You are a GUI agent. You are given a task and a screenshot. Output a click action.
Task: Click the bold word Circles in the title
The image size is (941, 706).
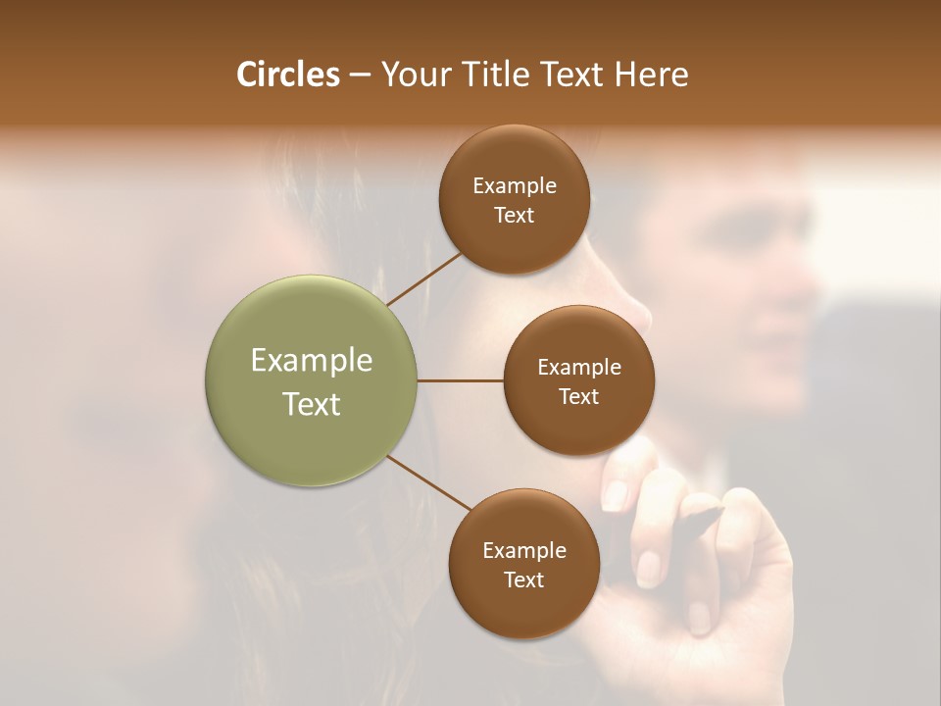point(287,75)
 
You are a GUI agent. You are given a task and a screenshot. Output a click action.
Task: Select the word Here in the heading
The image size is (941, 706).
point(652,75)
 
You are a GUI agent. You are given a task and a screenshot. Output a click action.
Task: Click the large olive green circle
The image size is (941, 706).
point(312,380)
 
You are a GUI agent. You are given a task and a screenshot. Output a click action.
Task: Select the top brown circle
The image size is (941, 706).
point(514,200)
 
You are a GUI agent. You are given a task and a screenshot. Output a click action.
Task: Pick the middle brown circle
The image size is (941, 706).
point(578,380)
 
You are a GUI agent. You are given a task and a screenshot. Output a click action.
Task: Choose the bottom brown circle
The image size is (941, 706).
point(523,564)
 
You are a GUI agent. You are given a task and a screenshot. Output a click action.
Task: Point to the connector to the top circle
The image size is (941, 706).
point(423,278)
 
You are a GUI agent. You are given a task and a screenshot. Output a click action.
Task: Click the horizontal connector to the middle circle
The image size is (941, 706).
point(461,380)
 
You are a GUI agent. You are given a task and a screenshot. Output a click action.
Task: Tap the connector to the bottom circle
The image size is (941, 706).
point(429,482)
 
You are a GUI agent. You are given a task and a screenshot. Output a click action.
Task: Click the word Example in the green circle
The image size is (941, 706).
point(312,361)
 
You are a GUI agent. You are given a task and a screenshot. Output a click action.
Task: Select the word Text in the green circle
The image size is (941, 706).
point(312,404)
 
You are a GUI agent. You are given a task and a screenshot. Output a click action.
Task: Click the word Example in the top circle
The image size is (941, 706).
point(514,186)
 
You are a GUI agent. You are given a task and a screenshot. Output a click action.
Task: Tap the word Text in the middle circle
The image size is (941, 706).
point(578,396)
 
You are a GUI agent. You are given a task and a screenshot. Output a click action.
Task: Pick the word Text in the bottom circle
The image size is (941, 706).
point(523,580)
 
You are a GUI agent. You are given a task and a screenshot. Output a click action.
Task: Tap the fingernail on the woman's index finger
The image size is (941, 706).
point(616,494)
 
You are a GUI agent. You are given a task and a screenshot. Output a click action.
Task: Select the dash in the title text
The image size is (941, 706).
point(360,76)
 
